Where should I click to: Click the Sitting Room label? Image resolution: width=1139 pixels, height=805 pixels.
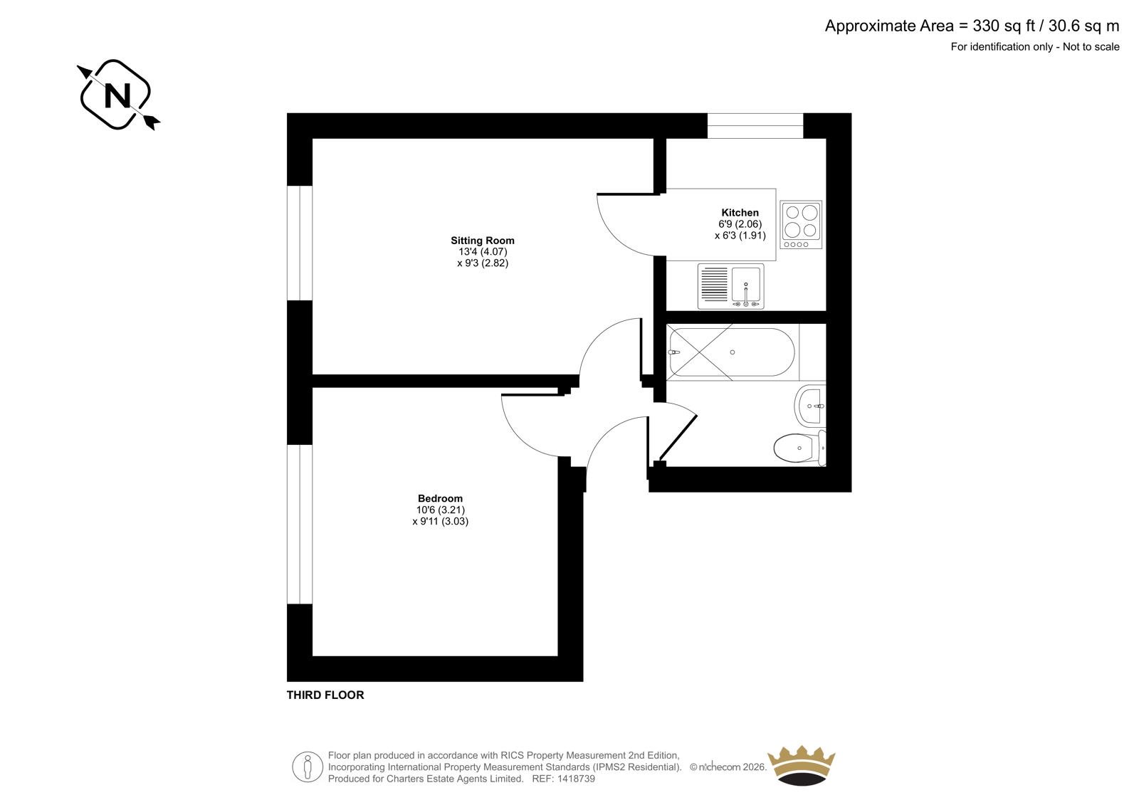pyautogui.click(x=483, y=241)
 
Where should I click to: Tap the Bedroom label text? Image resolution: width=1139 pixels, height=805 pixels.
pyautogui.click(x=441, y=498)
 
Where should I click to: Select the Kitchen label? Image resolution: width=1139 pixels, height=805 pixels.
pyautogui.click(x=740, y=213)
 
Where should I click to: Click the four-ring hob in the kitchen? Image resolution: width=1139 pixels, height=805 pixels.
pyautogui.click(x=801, y=224)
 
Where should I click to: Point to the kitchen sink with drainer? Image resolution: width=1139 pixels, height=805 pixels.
pyautogui.click(x=730, y=286)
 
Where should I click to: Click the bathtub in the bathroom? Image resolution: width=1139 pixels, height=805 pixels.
pyautogui.click(x=733, y=352)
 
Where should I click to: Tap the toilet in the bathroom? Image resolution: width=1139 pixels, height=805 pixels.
pyautogui.click(x=800, y=448)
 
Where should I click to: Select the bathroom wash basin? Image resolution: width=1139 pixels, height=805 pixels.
pyautogui.click(x=810, y=405)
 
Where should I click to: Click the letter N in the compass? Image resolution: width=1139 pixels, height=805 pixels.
pyautogui.click(x=117, y=95)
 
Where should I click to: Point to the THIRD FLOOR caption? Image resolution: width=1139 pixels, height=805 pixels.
pyautogui.click(x=325, y=695)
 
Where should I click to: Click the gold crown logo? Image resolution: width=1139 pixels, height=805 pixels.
pyautogui.click(x=802, y=765)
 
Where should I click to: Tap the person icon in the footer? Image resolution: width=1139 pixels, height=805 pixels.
pyautogui.click(x=308, y=767)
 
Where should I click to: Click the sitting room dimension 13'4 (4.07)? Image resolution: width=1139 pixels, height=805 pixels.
pyautogui.click(x=483, y=252)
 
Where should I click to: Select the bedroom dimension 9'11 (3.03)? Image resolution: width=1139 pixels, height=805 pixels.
pyautogui.click(x=441, y=521)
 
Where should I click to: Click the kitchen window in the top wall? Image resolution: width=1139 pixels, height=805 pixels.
pyautogui.click(x=755, y=125)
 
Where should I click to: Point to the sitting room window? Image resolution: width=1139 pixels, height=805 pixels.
pyautogui.click(x=300, y=243)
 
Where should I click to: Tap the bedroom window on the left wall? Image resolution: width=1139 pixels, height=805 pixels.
pyautogui.click(x=300, y=525)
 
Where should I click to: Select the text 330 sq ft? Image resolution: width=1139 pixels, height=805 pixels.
pyautogui.click(x=1004, y=26)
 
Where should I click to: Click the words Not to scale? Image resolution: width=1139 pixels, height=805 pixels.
pyautogui.click(x=1091, y=47)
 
